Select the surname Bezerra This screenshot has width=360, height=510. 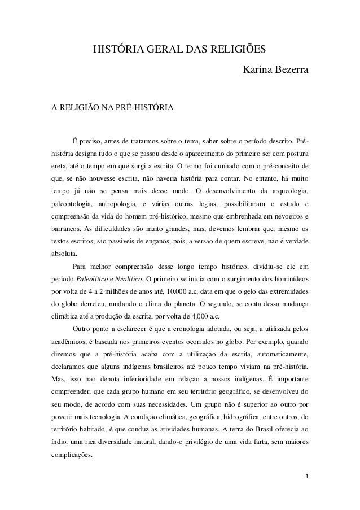tap(291, 72)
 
